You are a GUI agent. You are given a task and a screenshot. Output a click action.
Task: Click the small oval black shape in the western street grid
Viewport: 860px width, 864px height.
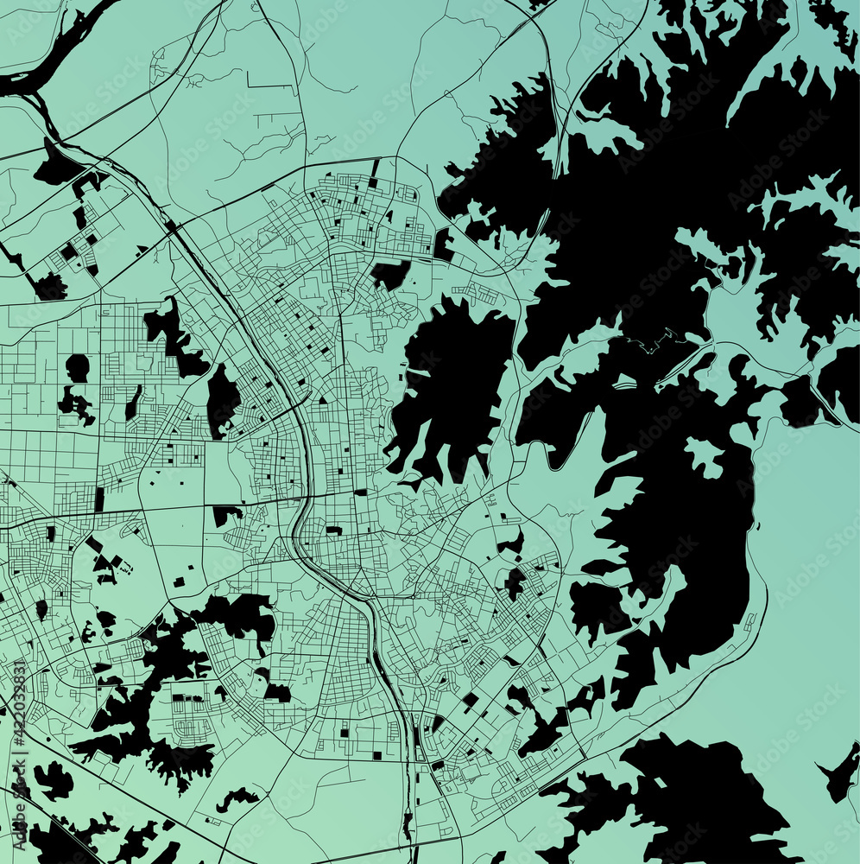(x=78, y=368)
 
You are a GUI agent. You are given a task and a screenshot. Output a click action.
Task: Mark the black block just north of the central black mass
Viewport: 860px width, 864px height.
(x=390, y=274)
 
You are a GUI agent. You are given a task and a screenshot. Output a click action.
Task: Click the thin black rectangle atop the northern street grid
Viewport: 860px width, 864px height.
(x=376, y=168)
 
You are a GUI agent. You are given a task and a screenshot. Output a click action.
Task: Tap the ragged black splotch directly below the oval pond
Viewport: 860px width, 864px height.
(x=76, y=403)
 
